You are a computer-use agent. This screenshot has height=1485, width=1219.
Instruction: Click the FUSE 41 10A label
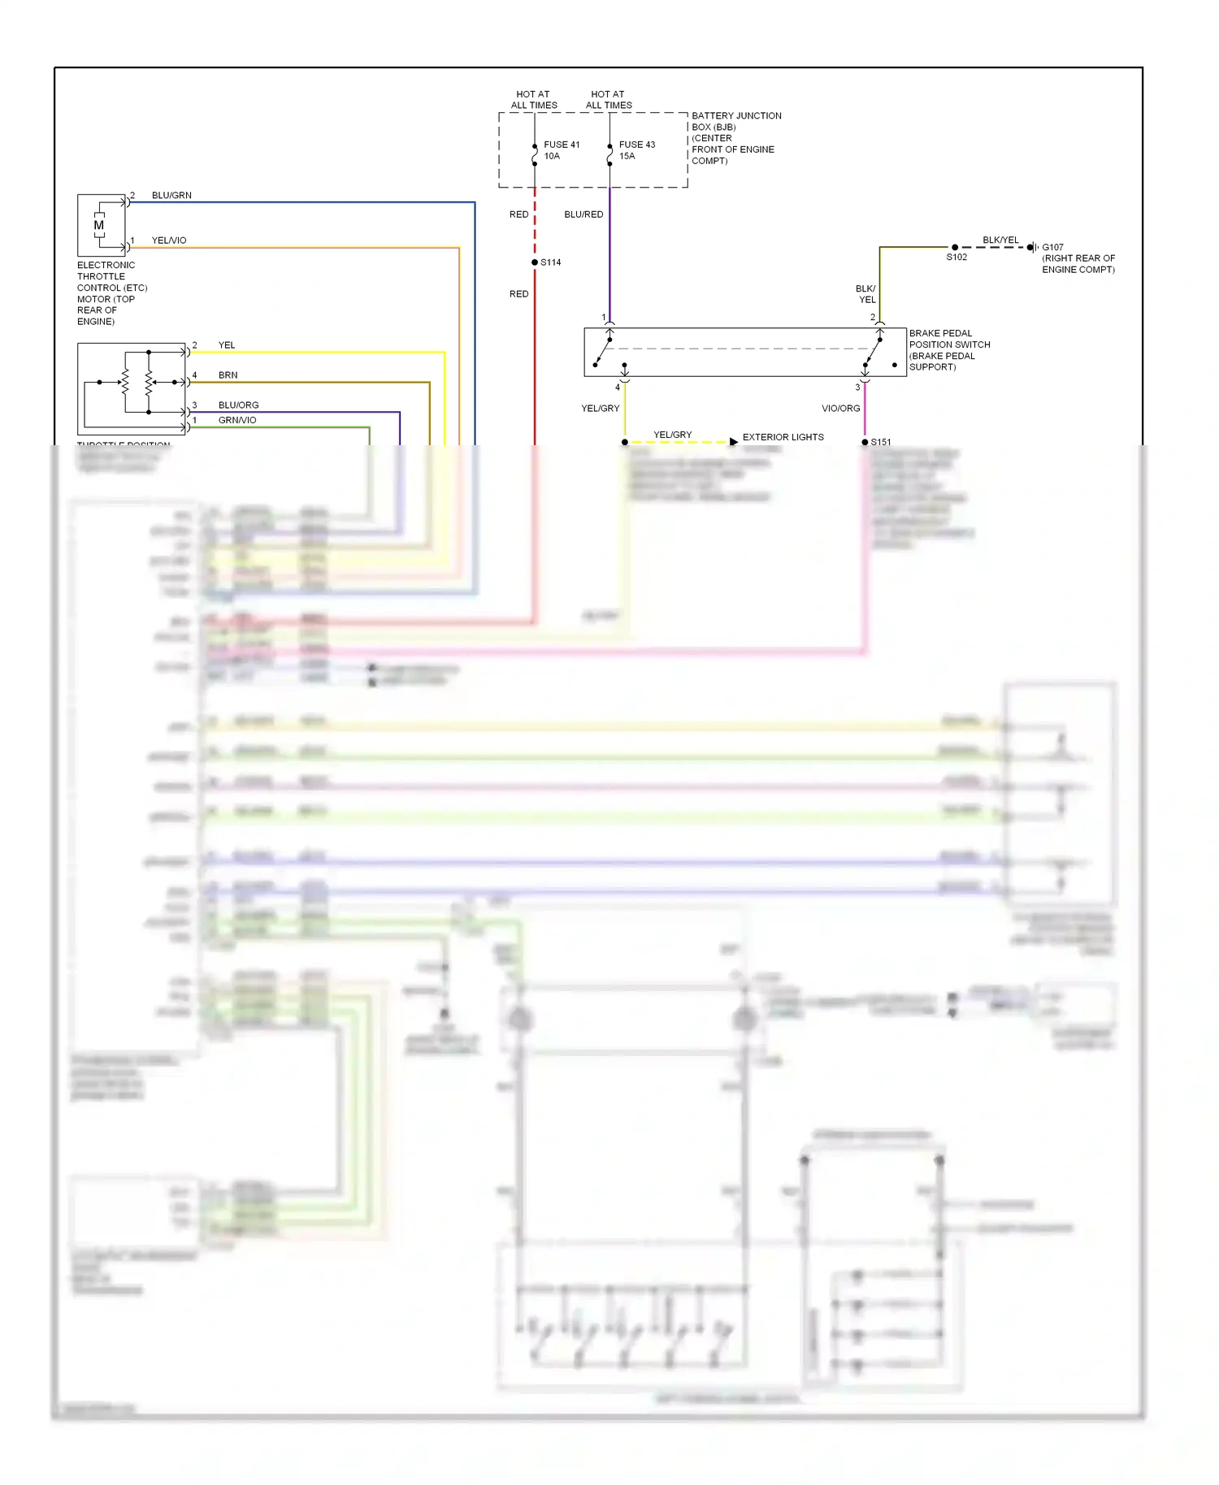click(562, 150)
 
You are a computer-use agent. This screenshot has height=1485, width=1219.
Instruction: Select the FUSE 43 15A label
click(636, 150)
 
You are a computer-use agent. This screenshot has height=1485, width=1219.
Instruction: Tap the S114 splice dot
click(535, 262)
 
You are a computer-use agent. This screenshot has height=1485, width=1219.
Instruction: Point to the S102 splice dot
click(955, 247)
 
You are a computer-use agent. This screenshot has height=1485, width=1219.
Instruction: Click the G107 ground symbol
click(1032, 247)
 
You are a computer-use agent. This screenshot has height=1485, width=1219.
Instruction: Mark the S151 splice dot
click(865, 442)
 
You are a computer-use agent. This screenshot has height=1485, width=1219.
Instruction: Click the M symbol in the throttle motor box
click(99, 225)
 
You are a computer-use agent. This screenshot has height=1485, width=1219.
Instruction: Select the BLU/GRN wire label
click(171, 196)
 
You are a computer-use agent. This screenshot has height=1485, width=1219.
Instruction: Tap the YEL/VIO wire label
click(169, 240)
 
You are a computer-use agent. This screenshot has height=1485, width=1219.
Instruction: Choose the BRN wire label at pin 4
click(228, 375)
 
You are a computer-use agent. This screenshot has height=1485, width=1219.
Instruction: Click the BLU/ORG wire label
click(238, 405)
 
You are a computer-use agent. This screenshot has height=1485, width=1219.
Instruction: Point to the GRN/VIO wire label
click(236, 420)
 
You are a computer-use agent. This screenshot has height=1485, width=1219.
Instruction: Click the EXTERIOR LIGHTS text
click(783, 437)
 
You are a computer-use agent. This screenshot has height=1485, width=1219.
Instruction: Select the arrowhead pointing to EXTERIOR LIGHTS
click(734, 442)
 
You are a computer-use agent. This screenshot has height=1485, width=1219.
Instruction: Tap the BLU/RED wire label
click(583, 214)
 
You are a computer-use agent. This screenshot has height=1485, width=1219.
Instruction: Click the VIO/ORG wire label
click(840, 409)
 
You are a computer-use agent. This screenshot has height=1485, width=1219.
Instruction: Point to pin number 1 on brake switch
click(604, 318)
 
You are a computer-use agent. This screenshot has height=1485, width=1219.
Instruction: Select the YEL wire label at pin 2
click(227, 345)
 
